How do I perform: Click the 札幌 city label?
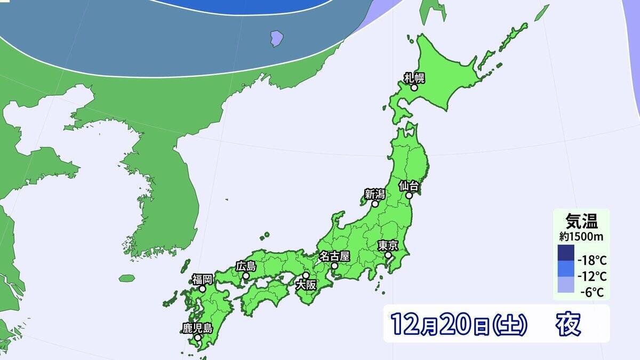coord(413,78)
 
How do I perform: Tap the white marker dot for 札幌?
coord(414,87)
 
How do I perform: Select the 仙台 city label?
coord(410,186)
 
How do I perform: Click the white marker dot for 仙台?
coord(410,196)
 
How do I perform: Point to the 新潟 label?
coord(375,194)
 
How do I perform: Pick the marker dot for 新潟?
coord(375,204)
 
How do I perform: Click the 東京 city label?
coord(388,245)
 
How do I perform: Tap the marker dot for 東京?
coord(388,255)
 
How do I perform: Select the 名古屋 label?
coord(334,255)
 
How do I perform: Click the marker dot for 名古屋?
coord(334,265)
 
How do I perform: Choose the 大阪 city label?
coord(306,285)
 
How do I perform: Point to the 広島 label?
coord(246,266)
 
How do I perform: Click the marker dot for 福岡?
coord(203,289)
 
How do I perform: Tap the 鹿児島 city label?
coord(197,328)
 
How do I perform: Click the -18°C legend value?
coord(592,261)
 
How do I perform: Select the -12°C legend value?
coord(592,277)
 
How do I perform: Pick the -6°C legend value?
coord(594,292)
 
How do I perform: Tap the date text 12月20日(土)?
coord(459,324)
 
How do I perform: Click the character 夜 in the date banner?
coord(568,324)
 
